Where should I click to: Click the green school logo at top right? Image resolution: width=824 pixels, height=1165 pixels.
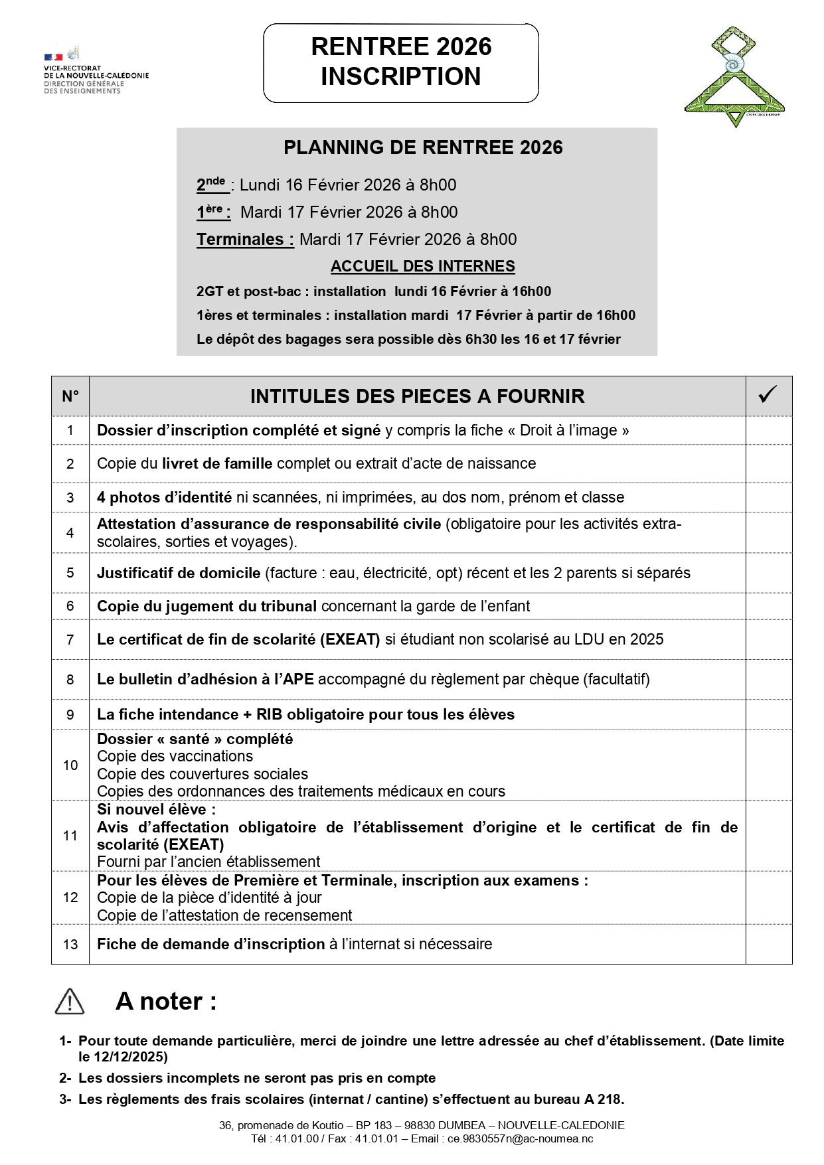pyautogui.click(x=734, y=77)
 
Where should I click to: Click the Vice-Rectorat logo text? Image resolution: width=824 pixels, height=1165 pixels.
pyautogui.click(x=96, y=79)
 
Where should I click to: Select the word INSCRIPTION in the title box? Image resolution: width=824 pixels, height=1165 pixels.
pyautogui.click(x=400, y=76)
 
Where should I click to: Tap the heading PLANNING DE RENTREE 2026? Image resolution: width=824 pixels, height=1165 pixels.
pyautogui.click(x=423, y=147)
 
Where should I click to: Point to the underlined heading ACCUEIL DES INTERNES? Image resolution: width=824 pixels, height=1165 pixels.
pyautogui.click(x=422, y=266)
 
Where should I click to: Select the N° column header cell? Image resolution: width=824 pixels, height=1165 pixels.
pyautogui.click(x=70, y=396)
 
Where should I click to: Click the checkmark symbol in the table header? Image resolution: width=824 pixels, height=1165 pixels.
pyautogui.click(x=768, y=395)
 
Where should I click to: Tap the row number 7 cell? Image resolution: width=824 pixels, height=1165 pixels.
pyautogui.click(x=70, y=639)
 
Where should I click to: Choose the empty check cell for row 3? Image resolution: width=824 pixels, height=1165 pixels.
pyautogui.click(x=768, y=497)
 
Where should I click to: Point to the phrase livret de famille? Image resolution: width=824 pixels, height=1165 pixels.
pyautogui.click(x=217, y=463)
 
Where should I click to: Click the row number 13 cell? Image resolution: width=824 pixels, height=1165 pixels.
pyautogui.click(x=70, y=944)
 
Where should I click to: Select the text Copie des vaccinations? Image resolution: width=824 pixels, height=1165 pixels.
pyautogui.click(x=175, y=756)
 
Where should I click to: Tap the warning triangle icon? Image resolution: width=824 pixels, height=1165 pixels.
pyautogui.click(x=70, y=1001)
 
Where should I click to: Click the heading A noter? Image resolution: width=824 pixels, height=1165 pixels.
pyautogui.click(x=166, y=1001)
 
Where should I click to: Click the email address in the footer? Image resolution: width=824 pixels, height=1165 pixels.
pyautogui.click(x=520, y=1138)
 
